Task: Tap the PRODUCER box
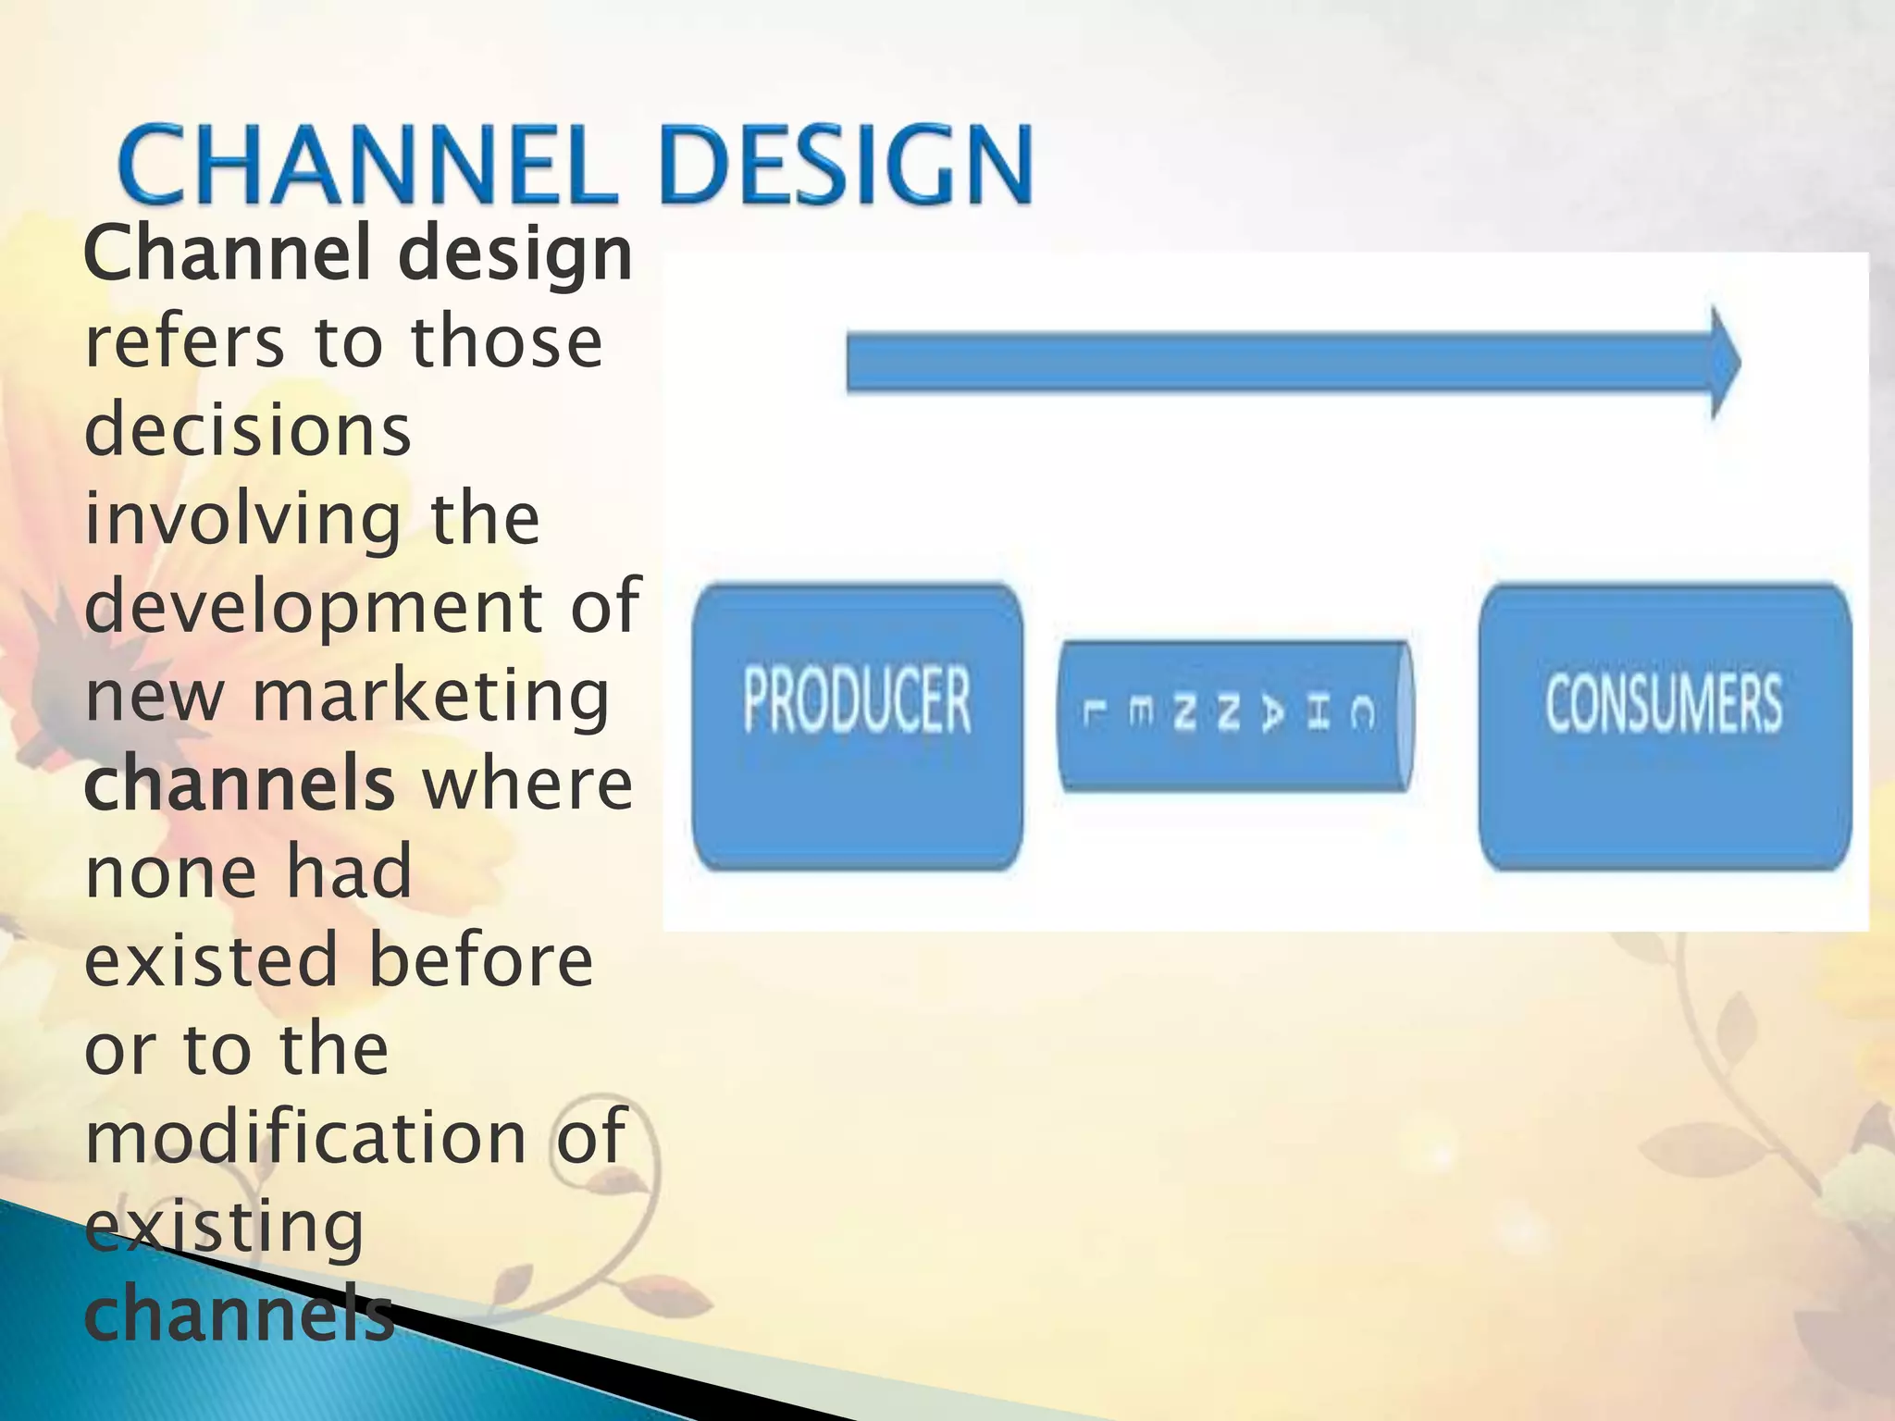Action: (x=857, y=726)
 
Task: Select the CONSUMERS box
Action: (x=1664, y=726)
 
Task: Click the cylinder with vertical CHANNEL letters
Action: (x=1234, y=715)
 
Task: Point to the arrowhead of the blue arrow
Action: (x=1724, y=363)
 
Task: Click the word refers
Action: (x=184, y=341)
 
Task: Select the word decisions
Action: (x=248, y=430)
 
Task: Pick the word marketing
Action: (x=431, y=696)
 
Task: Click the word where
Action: (x=526, y=785)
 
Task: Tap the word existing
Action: (x=225, y=1227)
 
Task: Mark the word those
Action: (x=506, y=341)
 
